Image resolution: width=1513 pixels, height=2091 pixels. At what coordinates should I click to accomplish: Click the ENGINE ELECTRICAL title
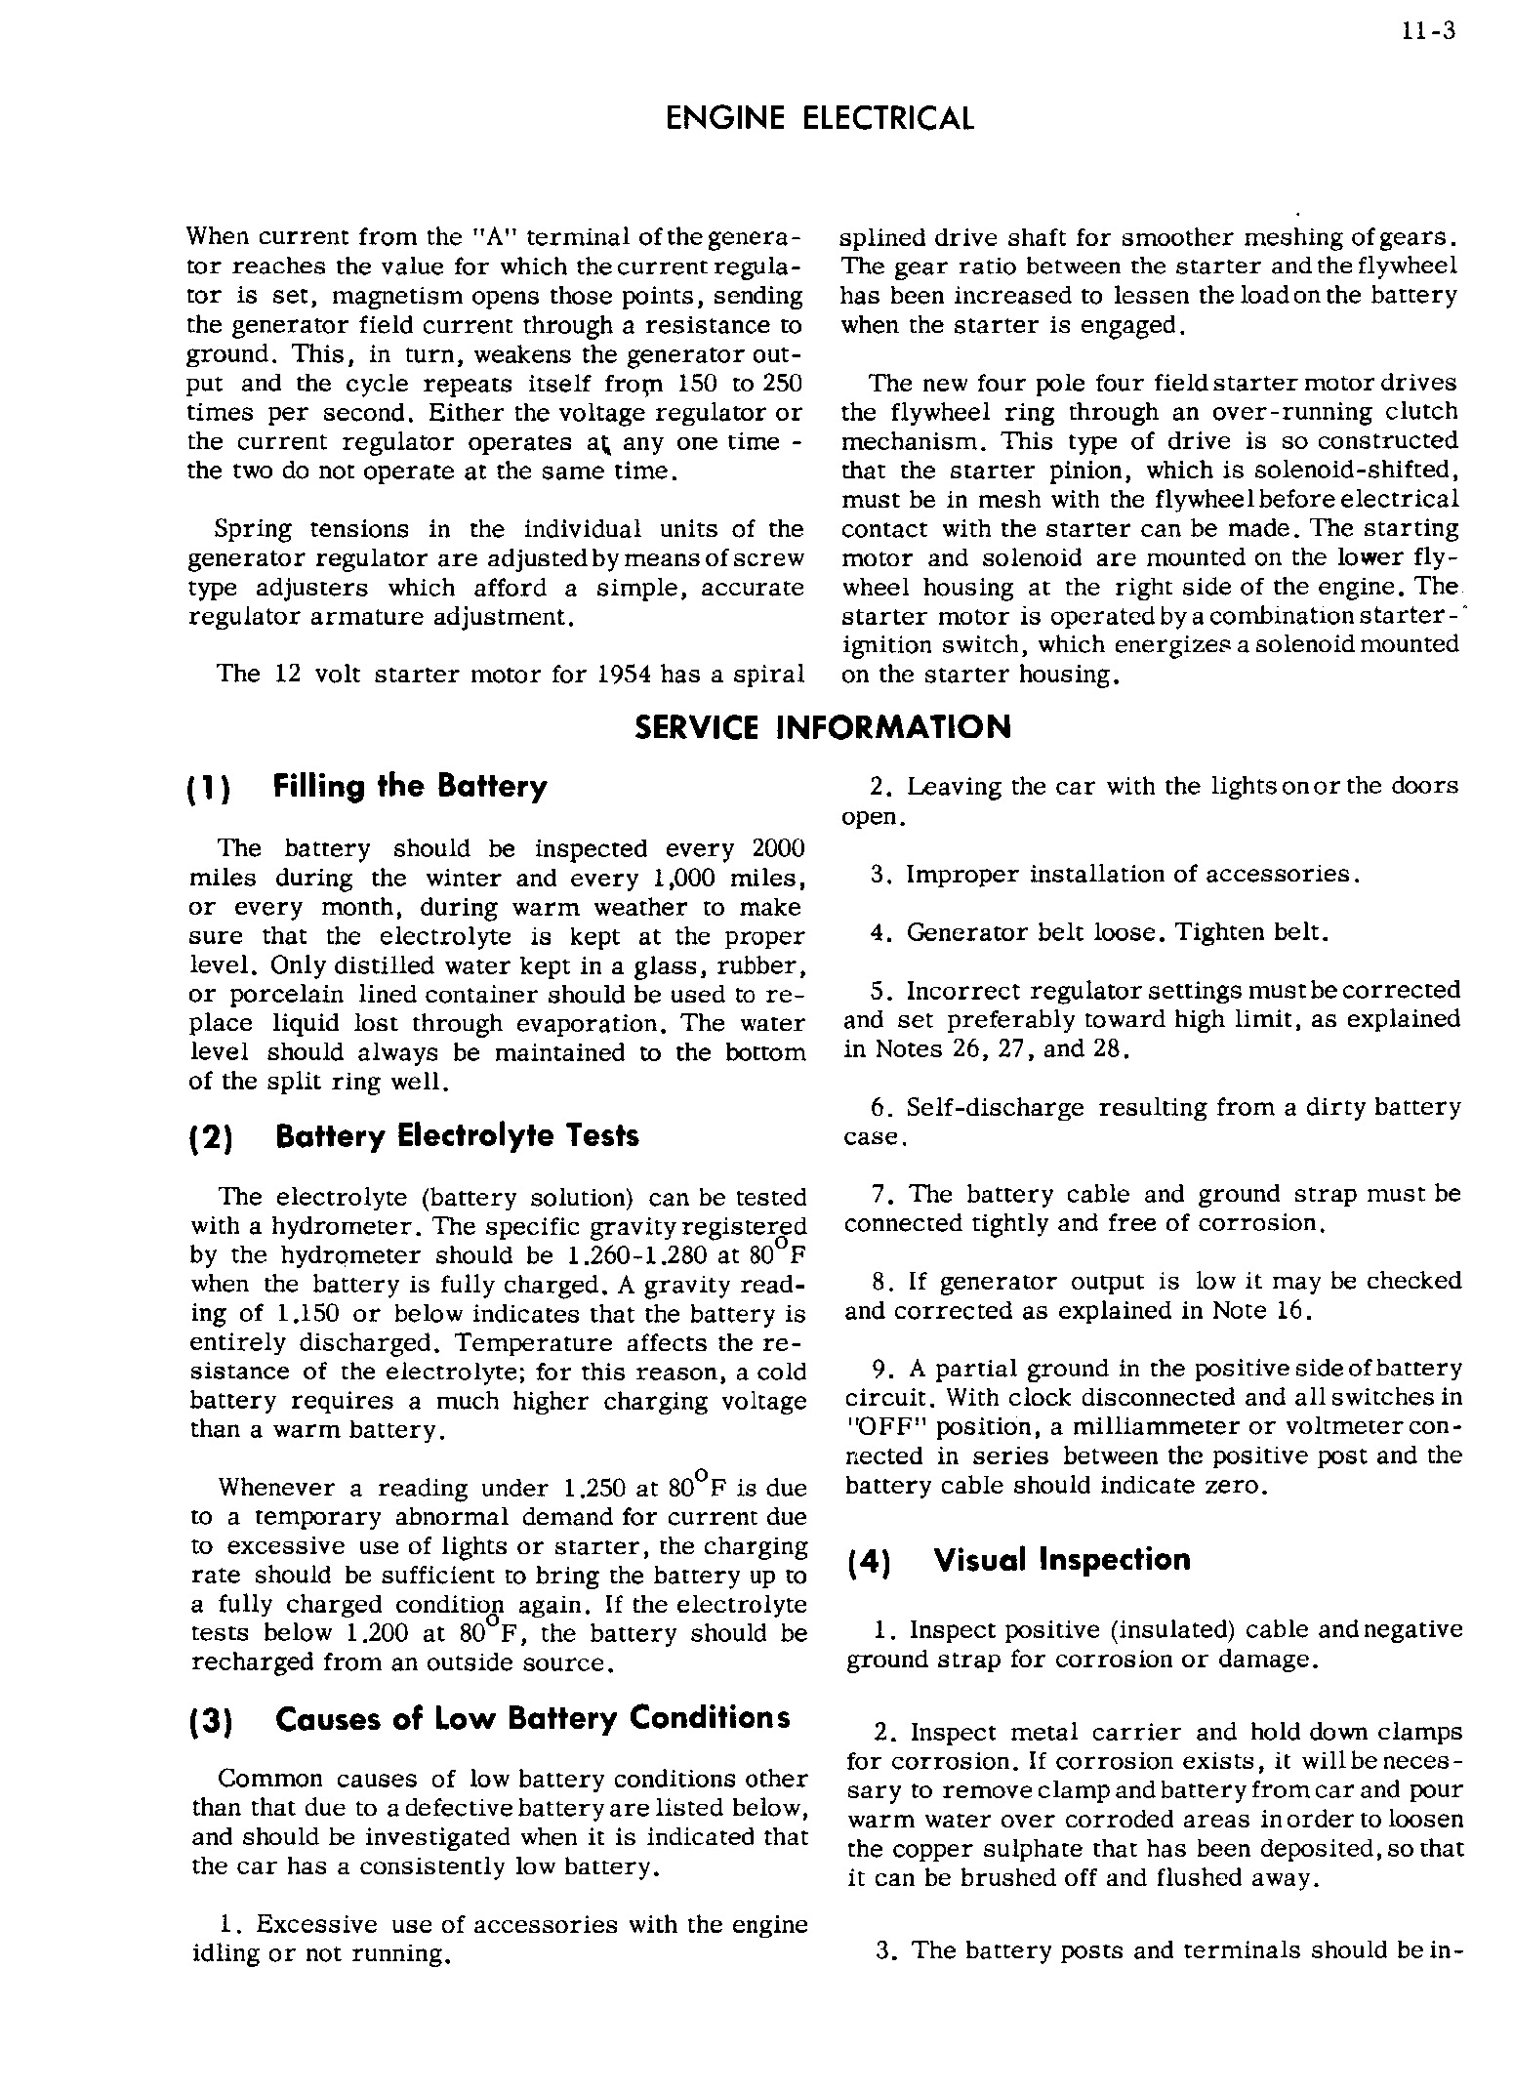(819, 119)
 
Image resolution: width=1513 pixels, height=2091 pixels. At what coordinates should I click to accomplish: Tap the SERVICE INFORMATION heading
(823, 727)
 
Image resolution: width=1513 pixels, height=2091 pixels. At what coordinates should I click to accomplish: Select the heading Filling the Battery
(411, 787)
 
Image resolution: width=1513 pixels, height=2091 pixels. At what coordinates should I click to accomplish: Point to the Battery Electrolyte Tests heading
(458, 1136)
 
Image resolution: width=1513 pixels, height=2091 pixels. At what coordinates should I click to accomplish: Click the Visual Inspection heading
(1062, 1560)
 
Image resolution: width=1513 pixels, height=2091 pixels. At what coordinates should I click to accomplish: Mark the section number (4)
(865, 1562)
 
